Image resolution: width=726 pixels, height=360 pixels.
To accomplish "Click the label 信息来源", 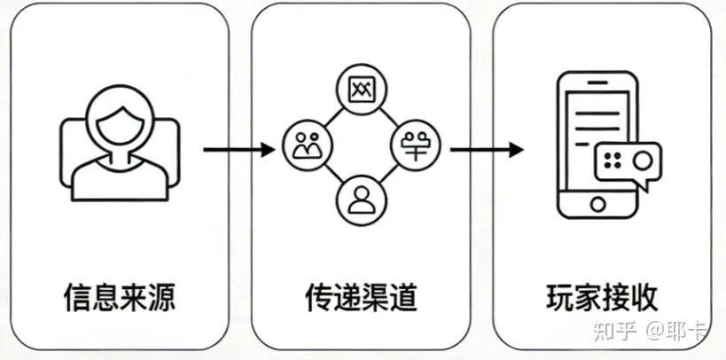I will point(119,296).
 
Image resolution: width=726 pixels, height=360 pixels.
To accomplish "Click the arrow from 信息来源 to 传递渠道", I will point(238,149).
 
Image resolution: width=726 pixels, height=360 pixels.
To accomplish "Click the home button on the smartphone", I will point(598,204).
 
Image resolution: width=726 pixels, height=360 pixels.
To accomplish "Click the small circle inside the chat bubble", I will point(644,160).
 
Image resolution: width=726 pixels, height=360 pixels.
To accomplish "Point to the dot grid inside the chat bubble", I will point(612,160).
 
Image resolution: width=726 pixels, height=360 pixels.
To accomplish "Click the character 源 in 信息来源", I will point(160,296).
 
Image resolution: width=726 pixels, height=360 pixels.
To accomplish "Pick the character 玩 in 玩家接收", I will point(560,296).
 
